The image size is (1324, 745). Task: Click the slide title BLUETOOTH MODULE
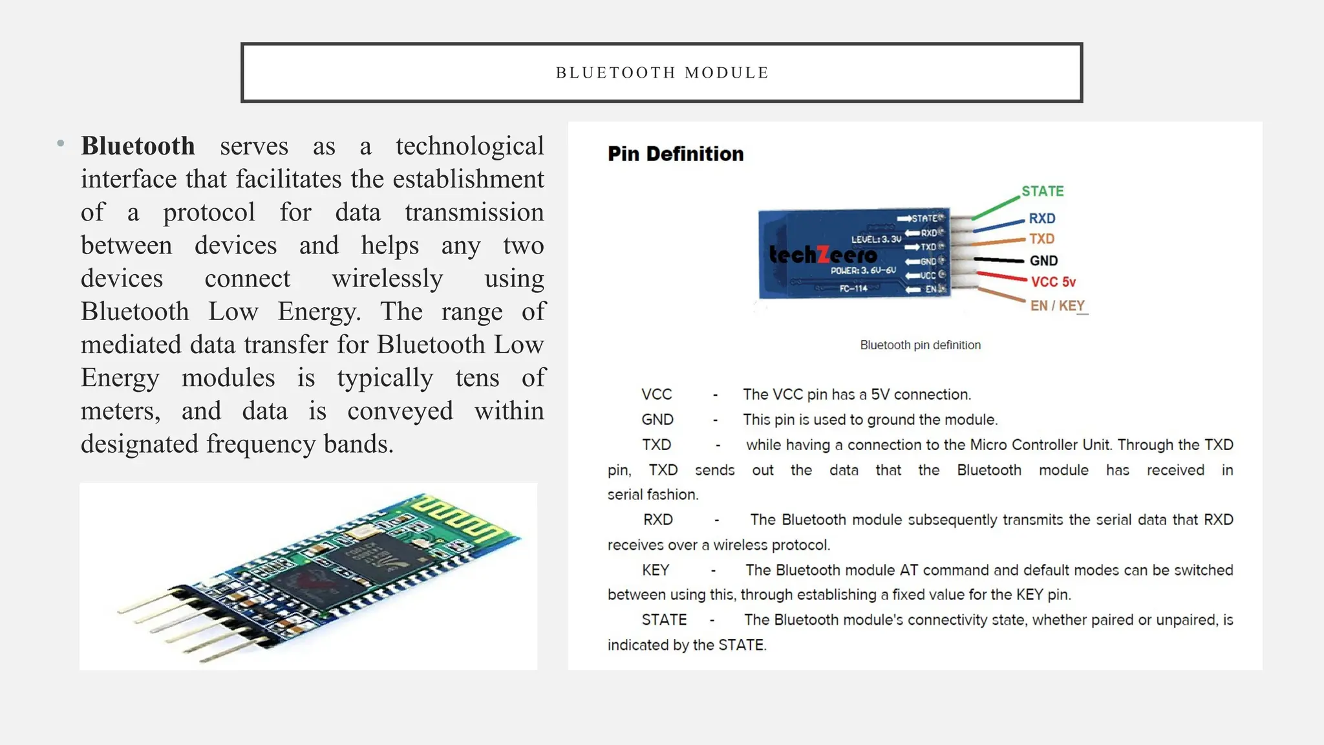pyautogui.click(x=662, y=72)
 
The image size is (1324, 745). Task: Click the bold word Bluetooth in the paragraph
pyautogui.click(x=138, y=146)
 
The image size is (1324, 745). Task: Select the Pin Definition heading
pyautogui.click(x=676, y=154)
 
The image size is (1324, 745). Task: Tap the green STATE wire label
pyautogui.click(x=1042, y=191)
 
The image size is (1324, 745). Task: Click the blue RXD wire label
pyautogui.click(x=1041, y=219)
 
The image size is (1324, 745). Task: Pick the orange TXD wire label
pyautogui.click(x=1041, y=239)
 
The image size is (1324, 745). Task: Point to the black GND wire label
pyautogui.click(x=1043, y=261)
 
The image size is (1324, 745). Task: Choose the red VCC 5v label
pyautogui.click(x=1053, y=282)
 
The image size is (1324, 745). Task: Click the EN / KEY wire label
pyautogui.click(x=1057, y=305)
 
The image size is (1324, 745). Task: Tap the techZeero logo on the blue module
pyautogui.click(x=822, y=255)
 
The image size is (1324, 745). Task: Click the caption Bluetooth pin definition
pyautogui.click(x=920, y=345)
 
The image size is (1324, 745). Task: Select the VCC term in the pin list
pyautogui.click(x=656, y=394)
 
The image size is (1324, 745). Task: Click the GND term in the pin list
pyautogui.click(x=657, y=420)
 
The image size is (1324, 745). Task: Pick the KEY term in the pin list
pyautogui.click(x=656, y=570)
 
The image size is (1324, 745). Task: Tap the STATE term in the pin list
pyautogui.click(x=664, y=620)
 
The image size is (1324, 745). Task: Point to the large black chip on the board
pyautogui.click(x=362, y=563)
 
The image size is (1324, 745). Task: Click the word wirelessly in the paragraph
pyautogui.click(x=387, y=279)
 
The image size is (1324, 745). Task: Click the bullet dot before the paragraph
pyautogui.click(x=61, y=144)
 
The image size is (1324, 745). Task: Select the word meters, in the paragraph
pyautogui.click(x=120, y=411)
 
